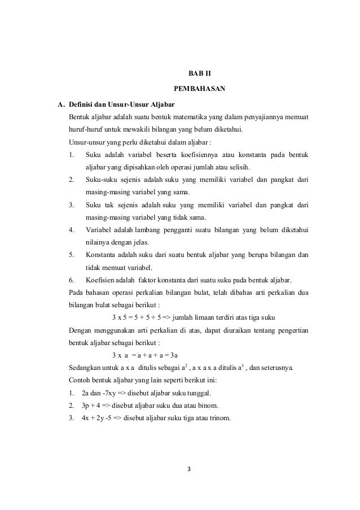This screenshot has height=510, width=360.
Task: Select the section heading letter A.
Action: point(54,105)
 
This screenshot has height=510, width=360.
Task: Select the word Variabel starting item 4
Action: point(98,230)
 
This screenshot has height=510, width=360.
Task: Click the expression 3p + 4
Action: point(93,406)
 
